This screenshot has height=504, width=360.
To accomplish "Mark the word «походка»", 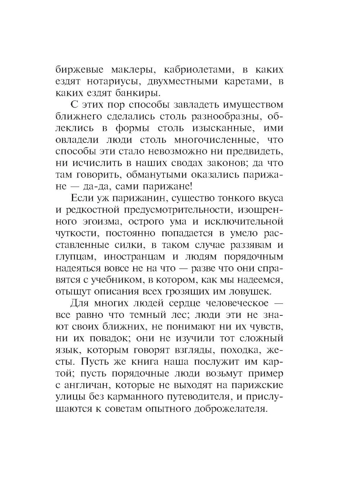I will point(231,350).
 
